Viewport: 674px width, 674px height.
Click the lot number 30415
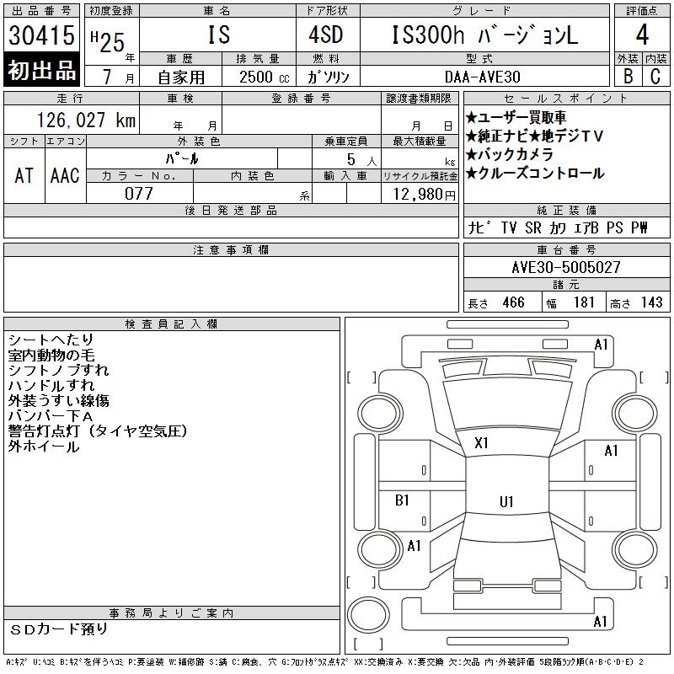tap(41, 35)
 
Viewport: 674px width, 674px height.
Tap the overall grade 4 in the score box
tap(642, 35)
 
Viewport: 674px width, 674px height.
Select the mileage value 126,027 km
tap(86, 120)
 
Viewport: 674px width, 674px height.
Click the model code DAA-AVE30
tap(482, 77)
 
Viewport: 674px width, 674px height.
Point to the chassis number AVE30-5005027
tap(566, 267)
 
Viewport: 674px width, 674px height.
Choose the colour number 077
tap(139, 194)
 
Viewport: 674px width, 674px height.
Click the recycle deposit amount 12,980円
tap(425, 195)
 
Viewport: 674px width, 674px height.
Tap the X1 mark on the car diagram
tap(481, 443)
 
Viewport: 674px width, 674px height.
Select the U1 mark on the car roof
tap(506, 501)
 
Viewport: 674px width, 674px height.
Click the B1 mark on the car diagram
tap(402, 500)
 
